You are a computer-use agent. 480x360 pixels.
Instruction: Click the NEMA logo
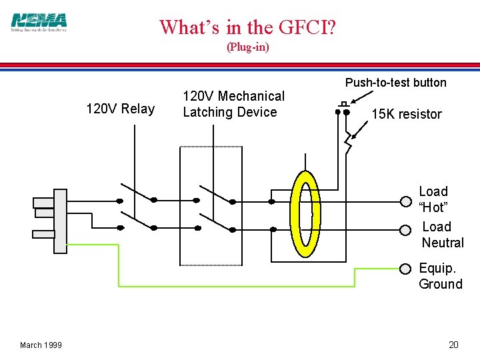(39, 22)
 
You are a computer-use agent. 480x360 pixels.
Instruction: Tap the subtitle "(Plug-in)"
(248, 47)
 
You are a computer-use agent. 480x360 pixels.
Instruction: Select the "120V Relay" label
(121, 109)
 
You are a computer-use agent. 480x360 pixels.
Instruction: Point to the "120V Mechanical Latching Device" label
(233, 104)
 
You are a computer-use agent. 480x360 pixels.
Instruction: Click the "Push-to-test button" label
(395, 83)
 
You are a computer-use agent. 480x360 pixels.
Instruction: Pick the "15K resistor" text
(406, 114)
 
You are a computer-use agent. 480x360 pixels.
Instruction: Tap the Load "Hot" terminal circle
(406, 201)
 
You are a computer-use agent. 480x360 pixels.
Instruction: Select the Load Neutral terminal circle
(406, 229)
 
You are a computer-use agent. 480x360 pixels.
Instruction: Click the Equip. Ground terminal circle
(405, 269)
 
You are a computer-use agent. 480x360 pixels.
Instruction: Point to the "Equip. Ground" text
(440, 276)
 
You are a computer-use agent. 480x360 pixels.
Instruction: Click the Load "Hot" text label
(433, 199)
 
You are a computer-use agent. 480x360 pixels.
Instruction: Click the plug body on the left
(60, 221)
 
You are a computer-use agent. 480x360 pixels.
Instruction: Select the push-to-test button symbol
(343, 108)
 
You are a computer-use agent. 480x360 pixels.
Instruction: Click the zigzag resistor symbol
(347, 141)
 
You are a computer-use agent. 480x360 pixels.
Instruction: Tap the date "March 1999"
(41, 345)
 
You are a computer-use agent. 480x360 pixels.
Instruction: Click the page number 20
(453, 345)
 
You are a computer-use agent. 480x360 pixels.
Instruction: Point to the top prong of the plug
(43, 202)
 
